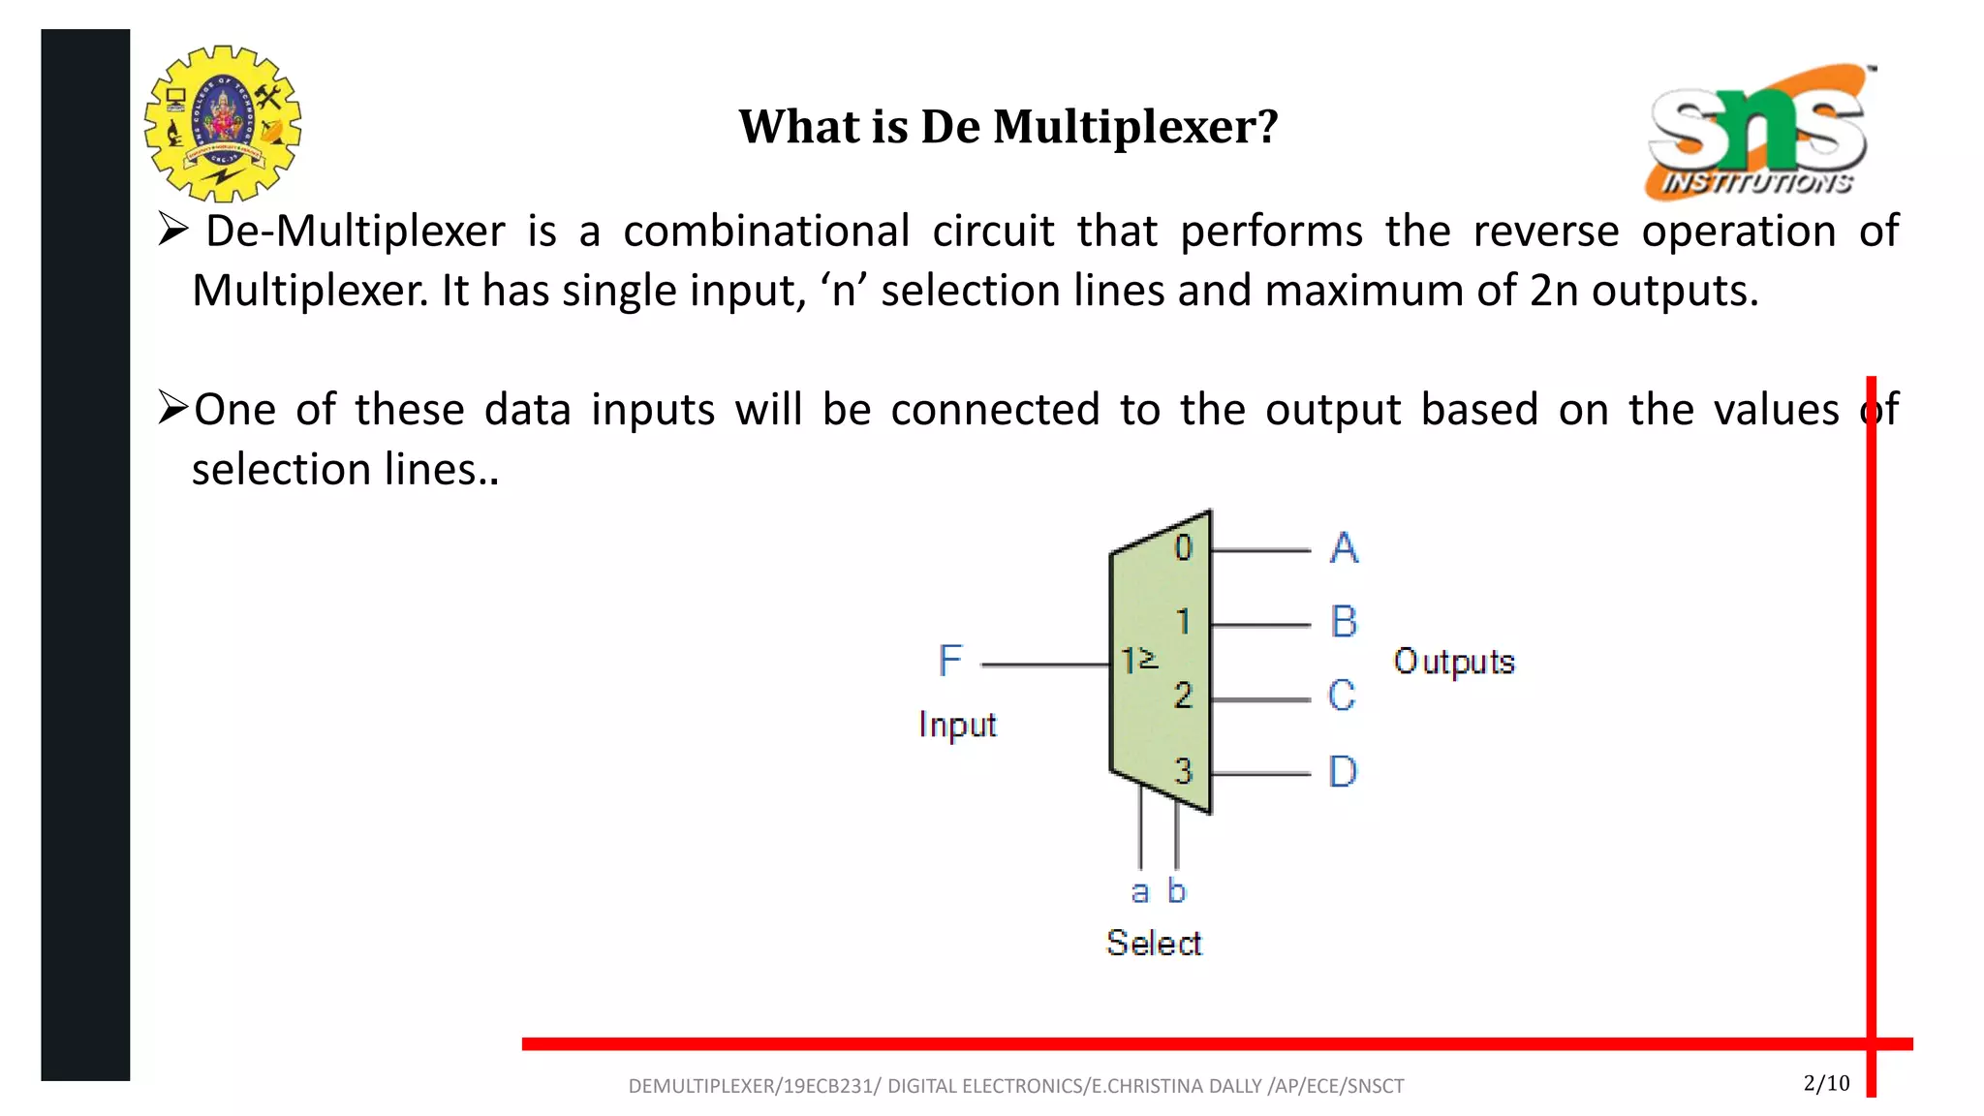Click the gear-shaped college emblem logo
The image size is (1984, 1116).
[223, 123]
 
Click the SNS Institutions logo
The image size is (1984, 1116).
[1757, 132]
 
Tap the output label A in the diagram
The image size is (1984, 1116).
[1344, 548]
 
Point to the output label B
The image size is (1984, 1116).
[1344, 622]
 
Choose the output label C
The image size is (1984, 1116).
[1342, 696]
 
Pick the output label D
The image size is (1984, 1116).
[1343, 772]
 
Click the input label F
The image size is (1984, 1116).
[949, 662]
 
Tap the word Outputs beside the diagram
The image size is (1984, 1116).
[1453, 662]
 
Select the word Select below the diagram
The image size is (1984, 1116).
[1154, 943]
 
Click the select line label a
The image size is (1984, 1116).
[1140, 891]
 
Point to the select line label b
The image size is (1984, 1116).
[1176, 890]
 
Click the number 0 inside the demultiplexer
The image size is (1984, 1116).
[1183, 548]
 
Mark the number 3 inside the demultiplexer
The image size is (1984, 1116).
[1183, 771]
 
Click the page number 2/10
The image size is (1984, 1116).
[1826, 1083]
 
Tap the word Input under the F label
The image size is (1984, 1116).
[957, 725]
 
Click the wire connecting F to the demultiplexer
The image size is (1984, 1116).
[1045, 666]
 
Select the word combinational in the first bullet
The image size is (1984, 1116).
[766, 232]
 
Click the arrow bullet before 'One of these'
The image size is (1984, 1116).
[172, 408]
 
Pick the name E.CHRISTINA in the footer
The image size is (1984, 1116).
[1147, 1086]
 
